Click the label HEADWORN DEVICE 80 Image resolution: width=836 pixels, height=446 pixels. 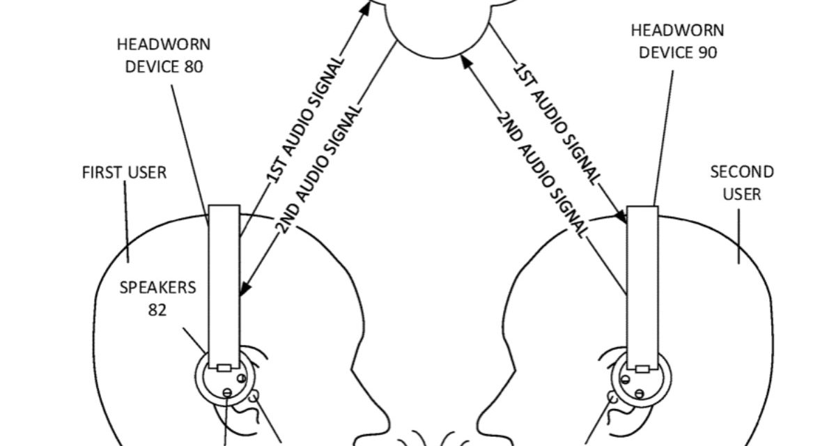pyautogui.click(x=163, y=56)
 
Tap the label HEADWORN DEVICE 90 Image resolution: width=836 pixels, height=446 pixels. pyautogui.click(x=677, y=41)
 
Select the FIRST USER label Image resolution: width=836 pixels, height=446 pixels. pyautogui.click(x=124, y=172)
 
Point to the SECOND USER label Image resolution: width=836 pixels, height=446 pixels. pyautogui.click(x=741, y=183)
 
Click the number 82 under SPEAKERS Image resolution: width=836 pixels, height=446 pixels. pyautogui.click(x=157, y=309)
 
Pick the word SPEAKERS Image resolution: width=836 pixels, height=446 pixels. pyautogui.click(x=157, y=287)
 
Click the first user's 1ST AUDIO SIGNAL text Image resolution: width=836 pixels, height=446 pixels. pyautogui.click(x=304, y=122)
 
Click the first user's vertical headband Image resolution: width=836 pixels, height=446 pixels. pyautogui.click(x=224, y=279)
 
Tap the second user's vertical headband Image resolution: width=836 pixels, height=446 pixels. pyautogui.click(x=642, y=279)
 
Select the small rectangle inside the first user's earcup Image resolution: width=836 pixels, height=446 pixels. pyautogui.click(x=224, y=367)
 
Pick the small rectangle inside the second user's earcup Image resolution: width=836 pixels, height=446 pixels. pyautogui.click(x=642, y=367)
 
